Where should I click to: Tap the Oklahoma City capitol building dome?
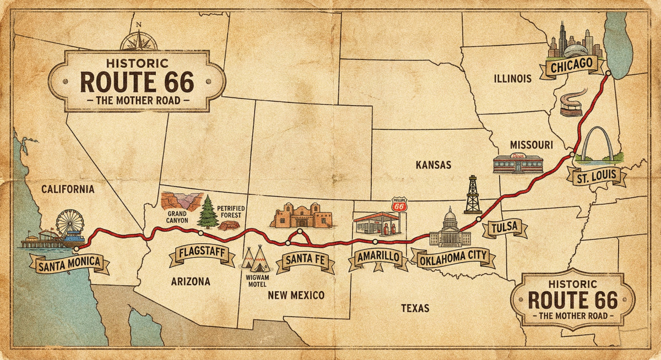click(x=450, y=216)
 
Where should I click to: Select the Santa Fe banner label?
click(x=305, y=261)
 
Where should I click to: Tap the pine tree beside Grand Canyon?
click(x=208, y=212)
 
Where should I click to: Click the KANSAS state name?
click(x=434, y=165)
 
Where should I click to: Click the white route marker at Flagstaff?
click(x=201, y=233)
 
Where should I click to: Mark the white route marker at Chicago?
click(x=608, y=73)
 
